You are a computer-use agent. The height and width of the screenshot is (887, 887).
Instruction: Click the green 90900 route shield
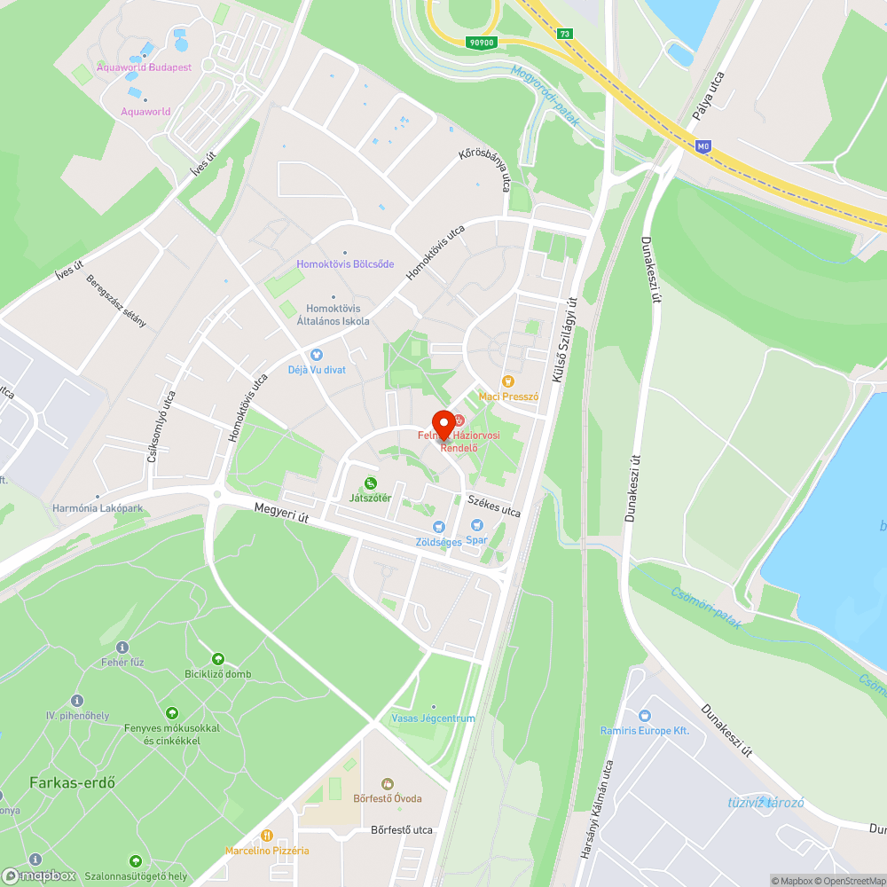pos(482,42)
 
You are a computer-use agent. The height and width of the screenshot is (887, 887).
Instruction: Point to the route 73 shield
pos(565,34)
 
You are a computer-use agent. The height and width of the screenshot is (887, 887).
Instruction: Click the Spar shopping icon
pos(476,526)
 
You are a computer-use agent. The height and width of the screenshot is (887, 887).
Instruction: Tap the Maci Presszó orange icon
pos(508,381)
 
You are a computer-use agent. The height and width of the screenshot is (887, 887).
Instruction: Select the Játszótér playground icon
pos(370,483)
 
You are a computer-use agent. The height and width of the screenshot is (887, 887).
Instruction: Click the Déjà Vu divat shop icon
pos(316,355)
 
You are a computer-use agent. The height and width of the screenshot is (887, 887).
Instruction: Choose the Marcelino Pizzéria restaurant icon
pos(266,836)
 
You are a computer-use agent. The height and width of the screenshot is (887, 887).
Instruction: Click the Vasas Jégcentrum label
pos(433,718)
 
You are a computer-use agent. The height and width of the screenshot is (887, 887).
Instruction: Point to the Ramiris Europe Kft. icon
pos(644,715)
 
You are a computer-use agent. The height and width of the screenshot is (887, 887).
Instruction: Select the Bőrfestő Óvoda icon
pos(387,784)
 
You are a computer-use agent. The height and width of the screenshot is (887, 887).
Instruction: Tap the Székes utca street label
pos(493,506)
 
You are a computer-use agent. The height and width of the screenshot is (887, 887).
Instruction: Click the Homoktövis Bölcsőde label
pos(344,264)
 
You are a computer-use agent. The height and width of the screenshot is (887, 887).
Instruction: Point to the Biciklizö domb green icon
pos(217,659)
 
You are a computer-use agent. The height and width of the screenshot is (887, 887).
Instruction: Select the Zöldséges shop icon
pos(438,528)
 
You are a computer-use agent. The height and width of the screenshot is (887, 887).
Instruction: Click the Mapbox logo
pos(39,875)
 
